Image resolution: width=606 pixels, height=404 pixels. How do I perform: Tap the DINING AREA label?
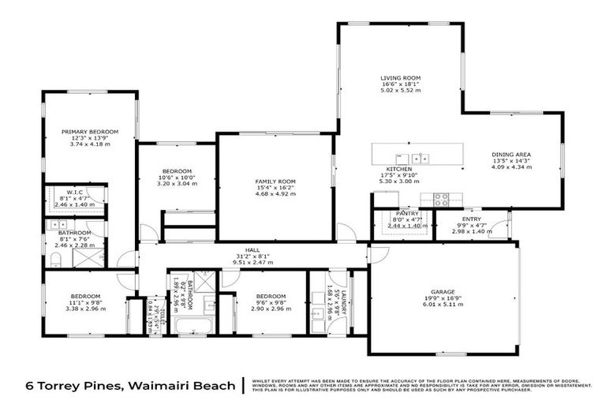tap(511, 154)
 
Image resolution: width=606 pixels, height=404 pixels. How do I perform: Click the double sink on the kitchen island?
tap(420, 158)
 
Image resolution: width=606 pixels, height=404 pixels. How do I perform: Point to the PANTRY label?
tap(407, 213)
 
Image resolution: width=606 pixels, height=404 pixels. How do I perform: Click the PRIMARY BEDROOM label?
tap(90, 131)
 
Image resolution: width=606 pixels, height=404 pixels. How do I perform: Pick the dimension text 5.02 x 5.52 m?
tap(400, 91)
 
